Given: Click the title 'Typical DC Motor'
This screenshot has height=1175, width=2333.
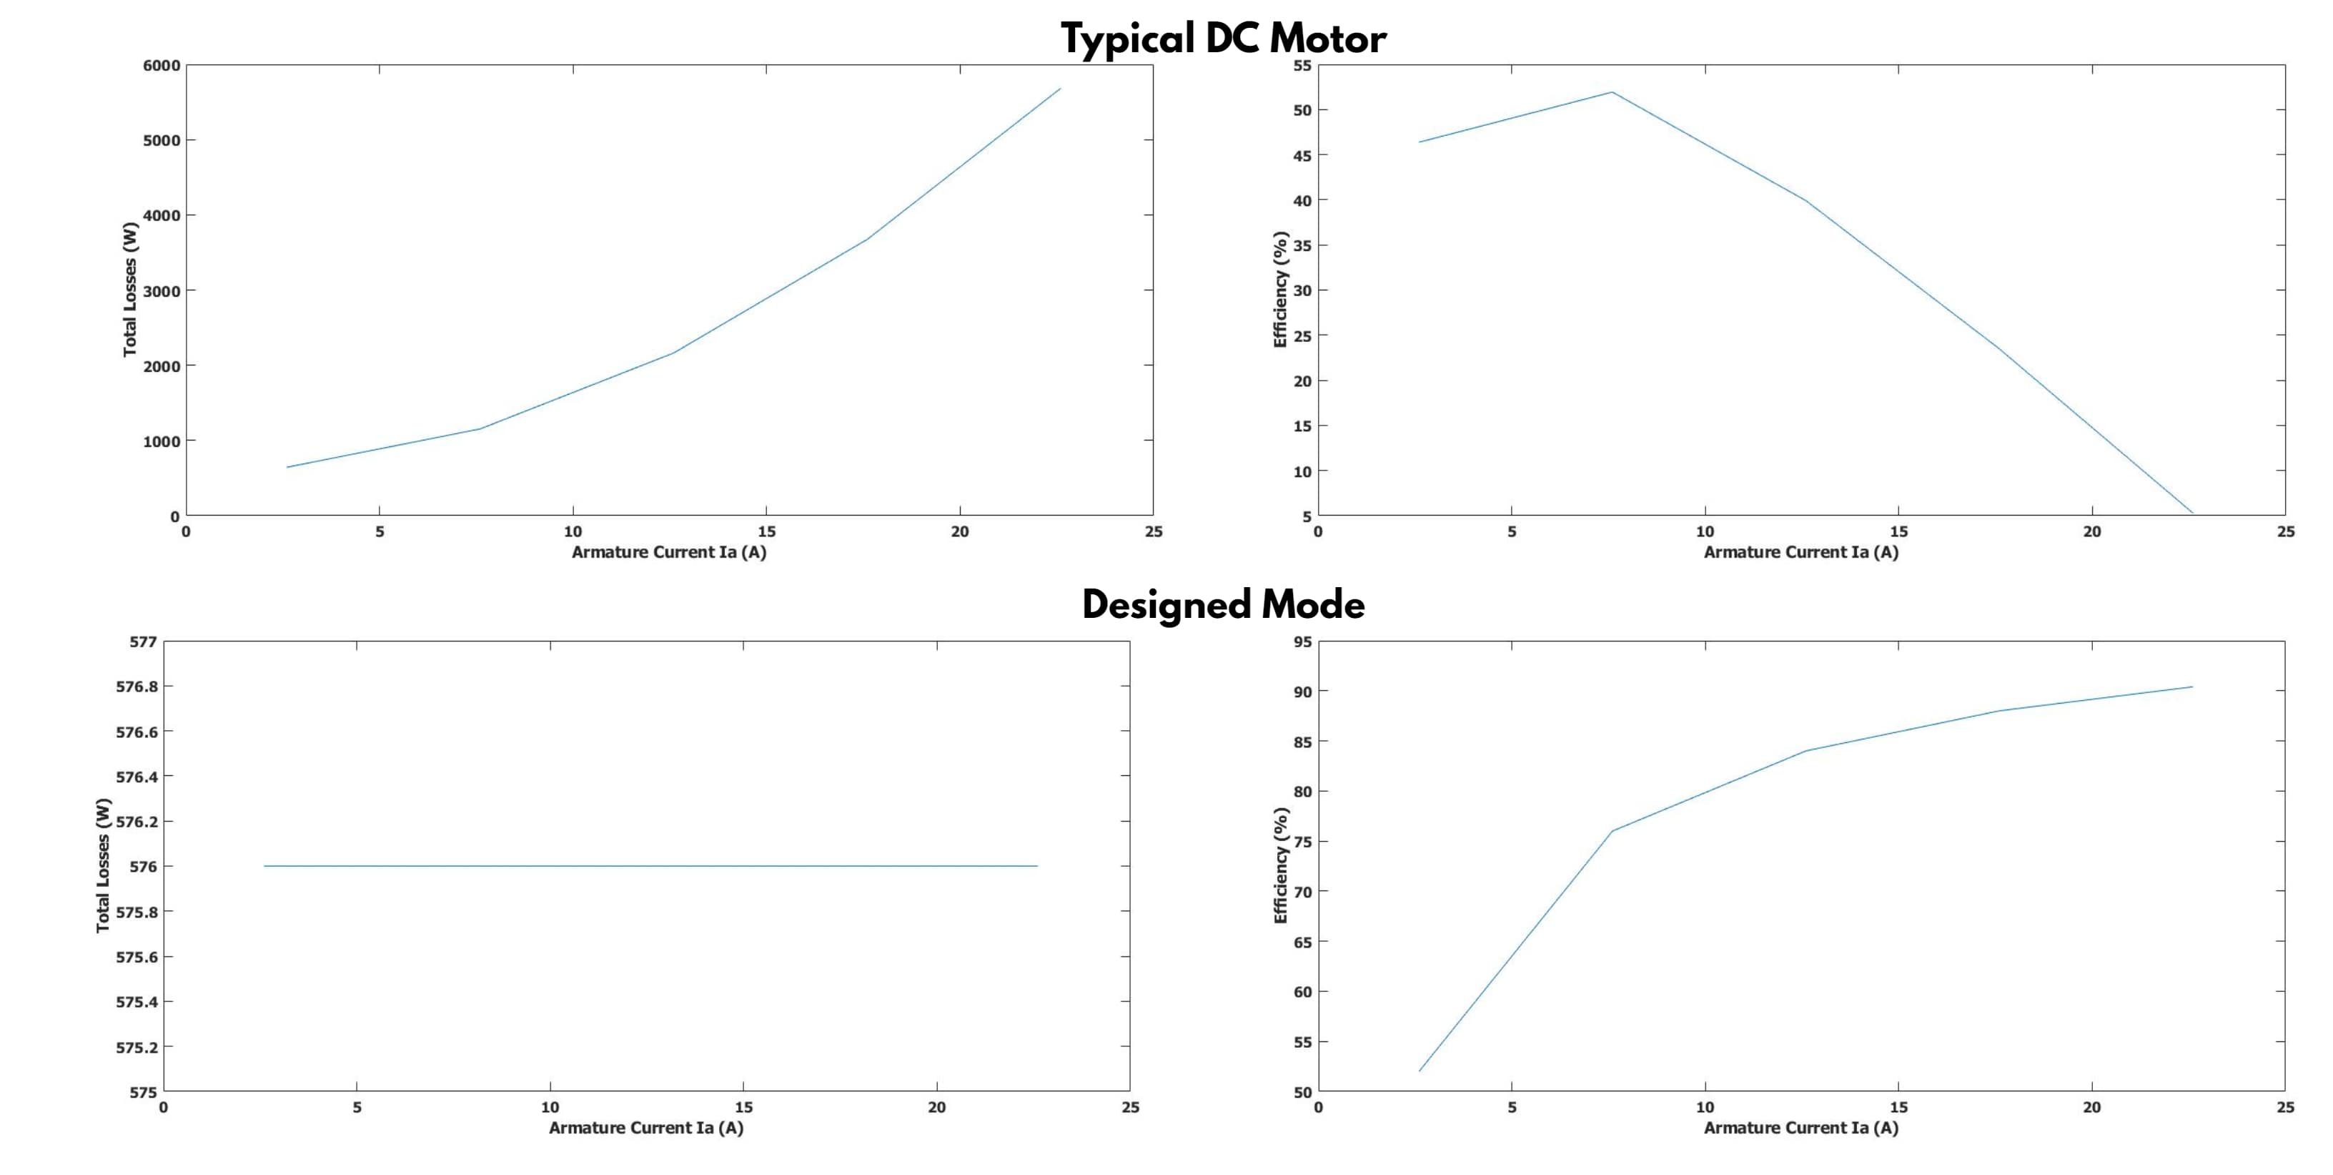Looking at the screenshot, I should (1223, 39).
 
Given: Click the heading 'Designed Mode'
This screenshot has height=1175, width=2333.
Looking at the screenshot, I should (1223, 604).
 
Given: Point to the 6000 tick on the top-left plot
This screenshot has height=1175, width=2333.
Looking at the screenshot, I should (162, 65).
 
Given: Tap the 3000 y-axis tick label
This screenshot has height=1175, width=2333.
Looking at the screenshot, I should (162, 291).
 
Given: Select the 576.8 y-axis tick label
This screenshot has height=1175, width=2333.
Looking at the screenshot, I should (137, 687).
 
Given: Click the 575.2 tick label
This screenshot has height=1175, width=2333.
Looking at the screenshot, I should (137, 1047).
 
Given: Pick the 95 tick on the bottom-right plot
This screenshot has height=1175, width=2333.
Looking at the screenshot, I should (1302, 642).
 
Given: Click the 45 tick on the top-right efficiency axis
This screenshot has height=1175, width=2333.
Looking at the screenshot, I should (1302, 155).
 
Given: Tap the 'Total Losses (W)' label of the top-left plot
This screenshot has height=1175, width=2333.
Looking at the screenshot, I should (130, 289).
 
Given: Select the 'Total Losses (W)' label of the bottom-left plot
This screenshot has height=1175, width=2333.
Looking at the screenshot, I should (103, 865).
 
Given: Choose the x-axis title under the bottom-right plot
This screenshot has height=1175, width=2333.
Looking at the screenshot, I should (1800, 1128).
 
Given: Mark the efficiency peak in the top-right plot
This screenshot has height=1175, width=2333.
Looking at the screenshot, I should (1612, 92).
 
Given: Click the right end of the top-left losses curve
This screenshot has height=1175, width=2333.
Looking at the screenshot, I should (1059, 89).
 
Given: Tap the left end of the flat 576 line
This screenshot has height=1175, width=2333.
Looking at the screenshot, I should (264, 866).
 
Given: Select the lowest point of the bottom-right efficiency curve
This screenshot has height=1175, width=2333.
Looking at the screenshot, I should (1420, 1071).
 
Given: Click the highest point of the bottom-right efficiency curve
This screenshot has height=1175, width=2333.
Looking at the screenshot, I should (2191, 687).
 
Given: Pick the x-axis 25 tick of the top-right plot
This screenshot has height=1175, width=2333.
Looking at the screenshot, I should (2285, 532).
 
